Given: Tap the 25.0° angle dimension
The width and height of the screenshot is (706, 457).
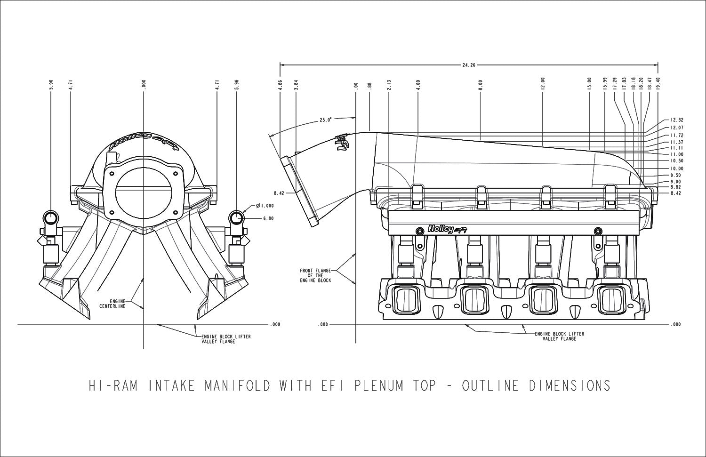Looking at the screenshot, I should coord(325,120).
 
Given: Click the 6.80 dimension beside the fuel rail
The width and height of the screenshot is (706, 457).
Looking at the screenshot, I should coord(268,218).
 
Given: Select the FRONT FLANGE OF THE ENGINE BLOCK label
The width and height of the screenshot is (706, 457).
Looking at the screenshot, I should coord(315,275).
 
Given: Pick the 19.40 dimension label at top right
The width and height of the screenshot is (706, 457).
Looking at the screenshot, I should coord(658,85).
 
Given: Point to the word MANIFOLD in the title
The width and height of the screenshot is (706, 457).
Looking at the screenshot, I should coord(237,385).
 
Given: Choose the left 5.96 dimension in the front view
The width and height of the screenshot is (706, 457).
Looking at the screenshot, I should coord(51,85).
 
